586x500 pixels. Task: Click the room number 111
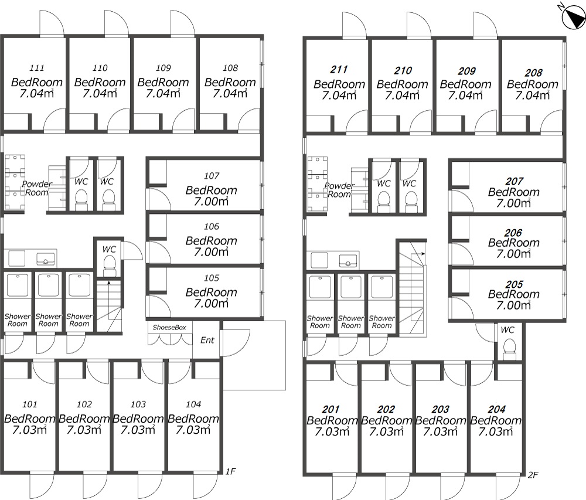[36, 68]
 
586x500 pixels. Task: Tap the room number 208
[533, 73]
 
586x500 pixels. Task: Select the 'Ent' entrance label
[207, 340]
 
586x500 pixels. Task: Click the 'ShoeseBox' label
[169, 327]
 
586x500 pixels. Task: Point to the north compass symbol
[573, 17]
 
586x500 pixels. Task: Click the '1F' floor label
[230, 472]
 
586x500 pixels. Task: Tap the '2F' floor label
[533, 475]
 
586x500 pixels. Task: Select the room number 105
[211, 278]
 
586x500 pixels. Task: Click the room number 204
[496, 410]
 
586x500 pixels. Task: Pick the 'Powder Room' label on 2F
[339, 190]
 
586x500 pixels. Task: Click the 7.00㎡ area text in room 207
[513, 203]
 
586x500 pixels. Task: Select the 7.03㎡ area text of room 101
[29, 430]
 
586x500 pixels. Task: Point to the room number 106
[211, 226]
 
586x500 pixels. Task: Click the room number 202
[386, 410]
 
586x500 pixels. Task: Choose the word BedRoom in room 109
[163, 82]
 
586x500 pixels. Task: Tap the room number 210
[403, 70]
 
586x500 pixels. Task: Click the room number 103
[138, 404]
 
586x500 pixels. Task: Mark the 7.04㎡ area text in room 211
[339, 96]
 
